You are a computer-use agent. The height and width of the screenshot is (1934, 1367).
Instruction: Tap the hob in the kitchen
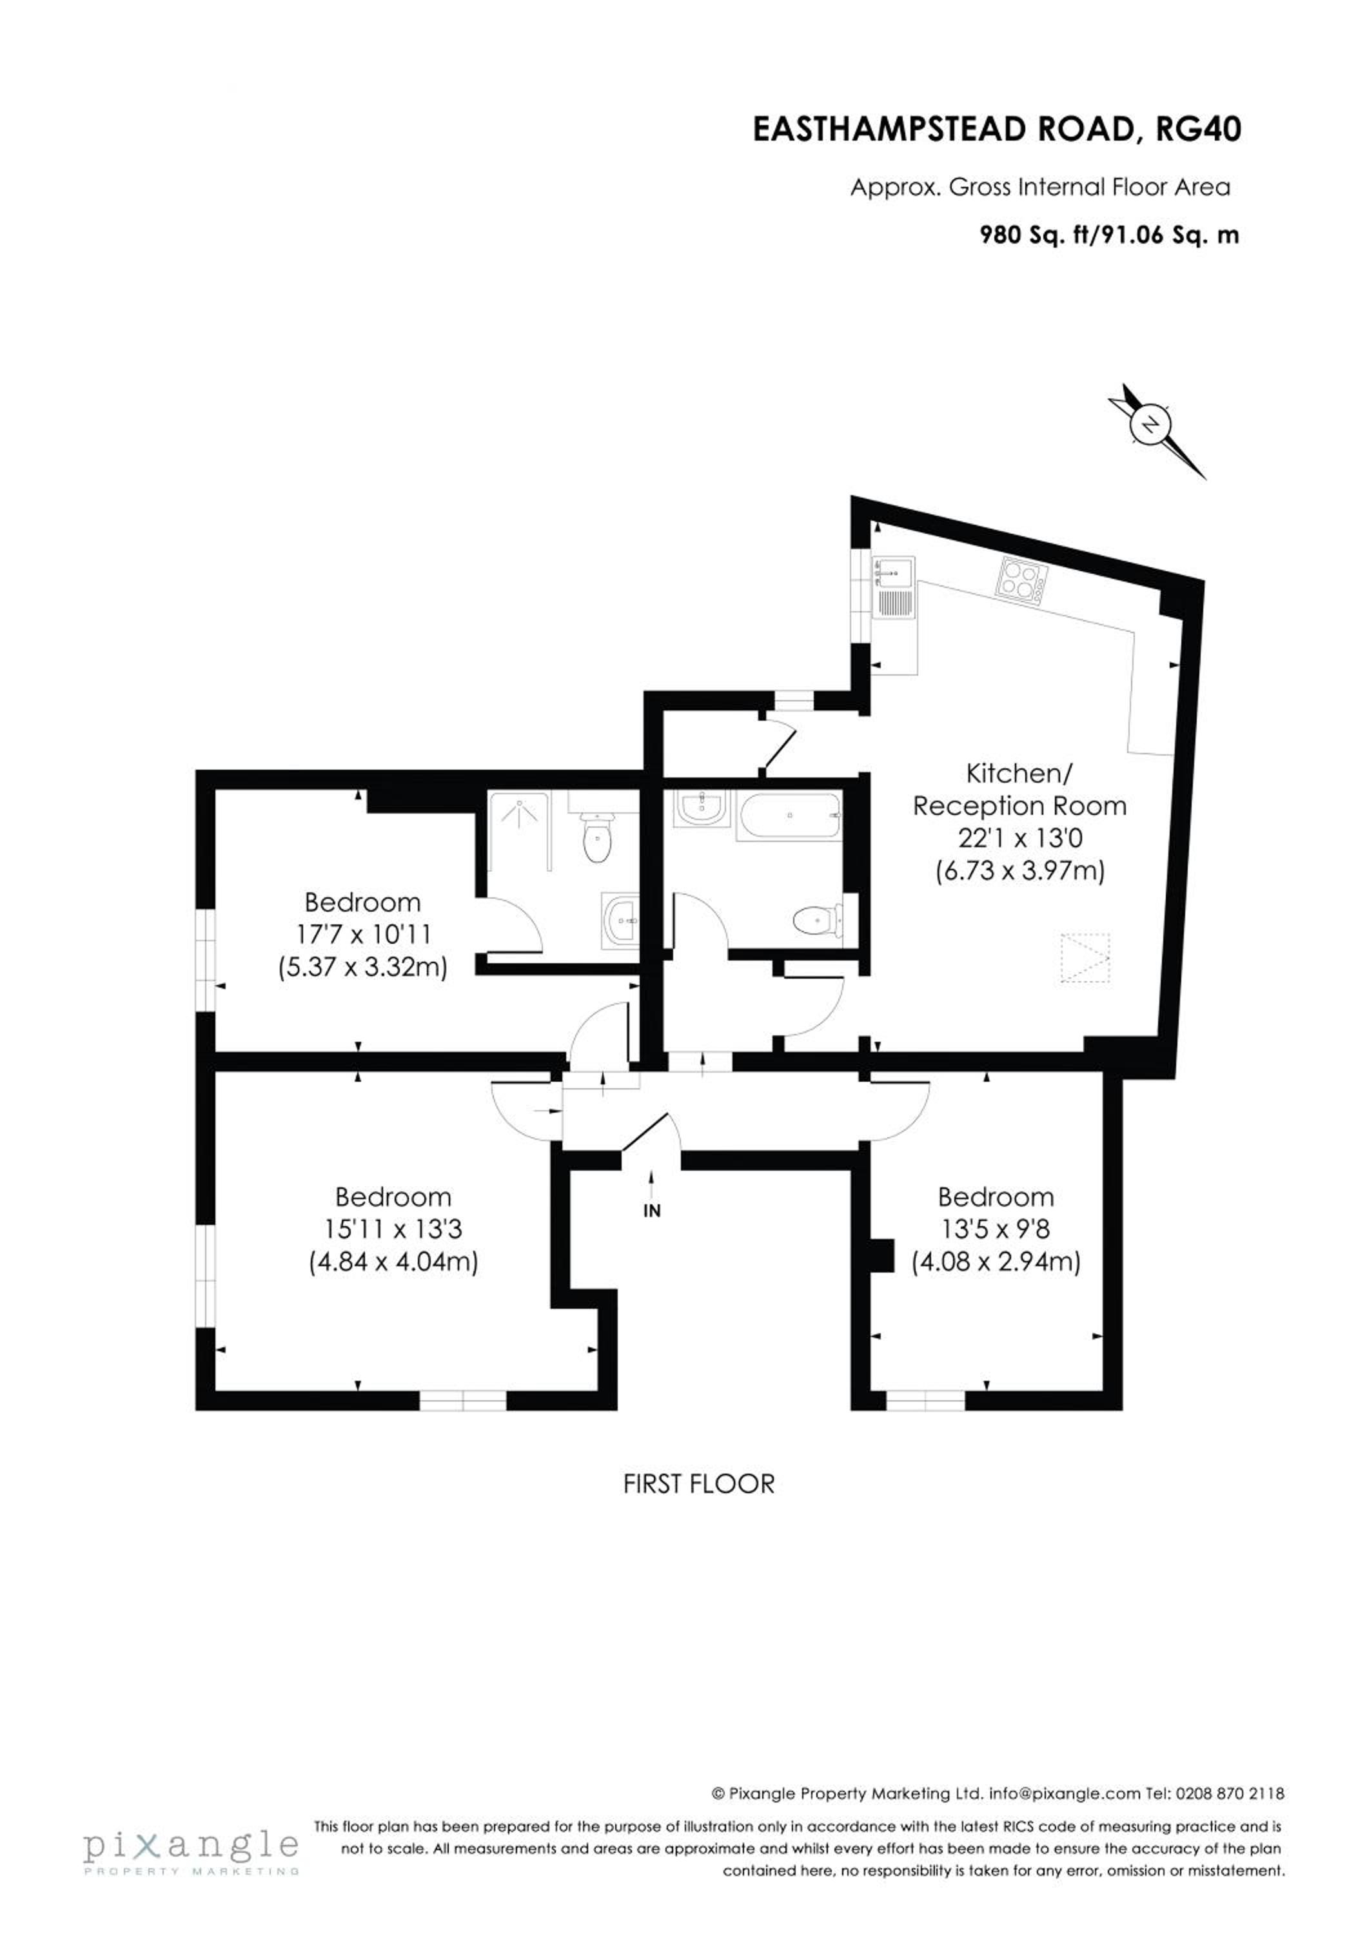(x=1021, y=578)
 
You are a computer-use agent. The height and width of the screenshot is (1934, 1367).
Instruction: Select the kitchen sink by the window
(x=894, y=588)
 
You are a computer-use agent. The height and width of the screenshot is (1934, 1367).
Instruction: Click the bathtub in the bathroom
(x=789, y=816)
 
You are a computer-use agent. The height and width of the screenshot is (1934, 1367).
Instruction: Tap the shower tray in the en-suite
(x=520, y=830)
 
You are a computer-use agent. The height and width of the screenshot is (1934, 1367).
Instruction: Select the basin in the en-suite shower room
(x=622, y=920)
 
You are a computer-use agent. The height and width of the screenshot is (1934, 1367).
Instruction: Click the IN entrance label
(x=651, y=1211)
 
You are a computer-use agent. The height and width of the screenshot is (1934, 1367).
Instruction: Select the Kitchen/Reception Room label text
(x=1019, y=789)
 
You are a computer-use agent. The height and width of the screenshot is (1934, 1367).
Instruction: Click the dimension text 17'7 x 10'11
(x=363, y=934)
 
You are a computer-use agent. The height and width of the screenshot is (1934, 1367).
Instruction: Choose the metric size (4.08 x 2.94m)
(x=996, y=1262)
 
